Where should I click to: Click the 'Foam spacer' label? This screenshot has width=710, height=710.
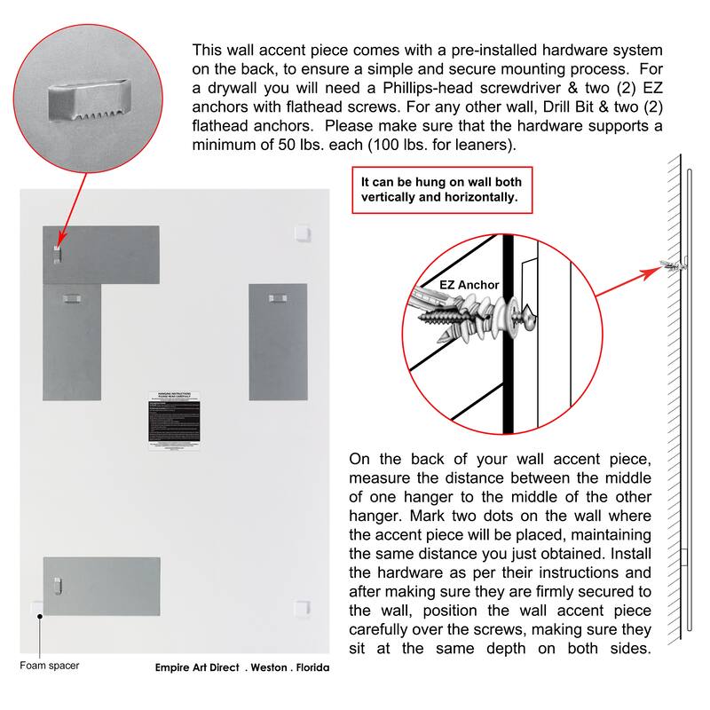[x=50, y=665]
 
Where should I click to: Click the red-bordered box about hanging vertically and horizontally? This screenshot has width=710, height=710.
[x=442, y=190]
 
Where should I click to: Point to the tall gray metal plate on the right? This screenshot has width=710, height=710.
[x=278, y=342]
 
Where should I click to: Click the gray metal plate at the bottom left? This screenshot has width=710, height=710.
[x=101, y=586]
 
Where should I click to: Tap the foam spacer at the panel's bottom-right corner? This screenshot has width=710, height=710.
[x=303, y=608]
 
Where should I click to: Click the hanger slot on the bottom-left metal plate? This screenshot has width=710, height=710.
[x=58, y=584]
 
